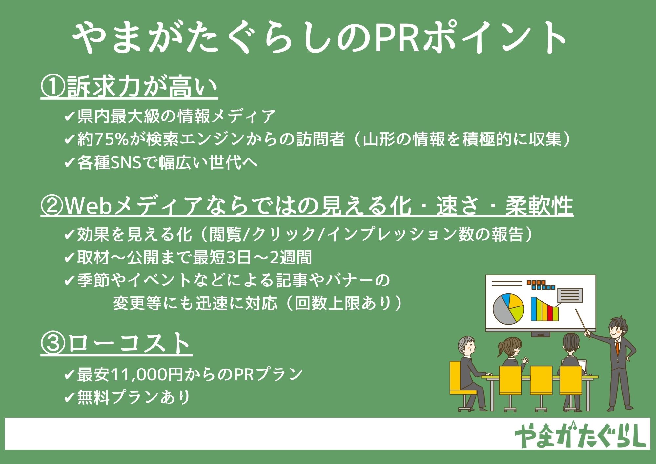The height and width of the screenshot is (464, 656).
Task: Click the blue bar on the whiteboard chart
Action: [x=534, y=309]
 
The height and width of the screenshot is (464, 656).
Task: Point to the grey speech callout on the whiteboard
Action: [x=570, y=295]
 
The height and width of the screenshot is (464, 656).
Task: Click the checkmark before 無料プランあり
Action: [x=70, y=398]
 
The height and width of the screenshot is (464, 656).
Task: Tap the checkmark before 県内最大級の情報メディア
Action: [x=70, y=116]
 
